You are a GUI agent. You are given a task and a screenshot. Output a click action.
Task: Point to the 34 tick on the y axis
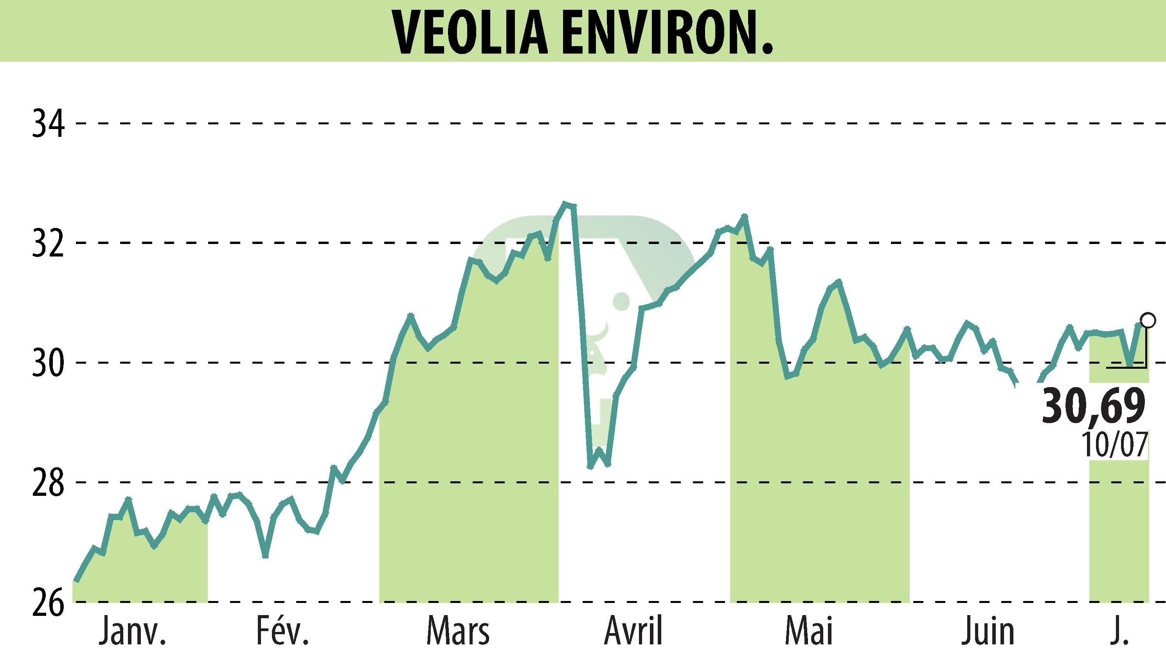pyautogui.click(x=48, y=124)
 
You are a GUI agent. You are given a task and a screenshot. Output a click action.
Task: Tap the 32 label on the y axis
pyautogui.click(x=48, y=243)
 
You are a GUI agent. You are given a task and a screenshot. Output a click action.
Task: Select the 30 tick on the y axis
pyautogui.click(x=48, y=363)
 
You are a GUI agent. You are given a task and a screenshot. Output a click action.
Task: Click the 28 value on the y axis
pyautogui.click(x=48, y=483)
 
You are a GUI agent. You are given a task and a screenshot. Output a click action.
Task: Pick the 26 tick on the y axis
pyautogui.click(x=48, y=602)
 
